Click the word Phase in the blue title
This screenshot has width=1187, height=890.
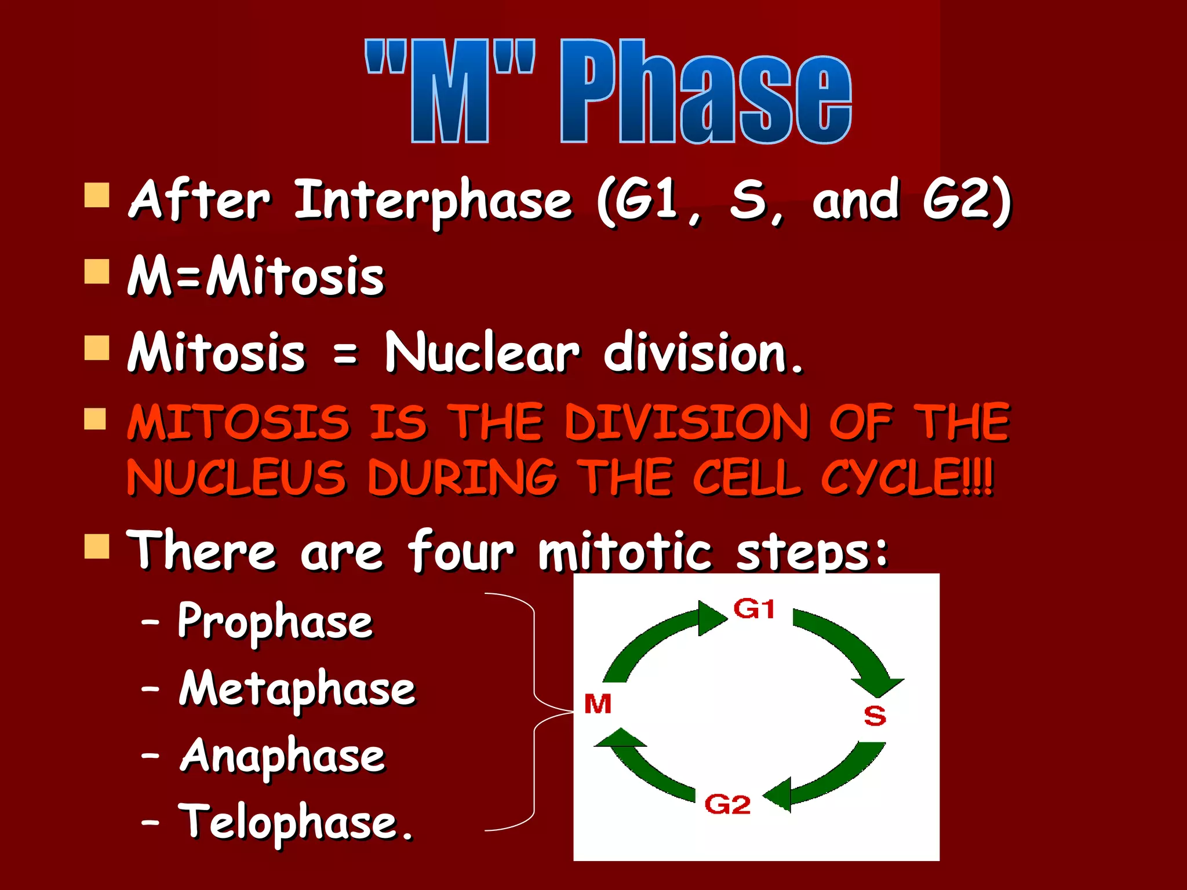pyautogui.click(x=705, y=93)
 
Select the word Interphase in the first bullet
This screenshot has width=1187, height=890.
pyautogui.click(x=434, y=200)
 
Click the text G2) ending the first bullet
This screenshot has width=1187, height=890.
pyautogui.click(x=967, y=200)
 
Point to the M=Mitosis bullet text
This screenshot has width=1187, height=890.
pyautogui.click(x=256, y=276)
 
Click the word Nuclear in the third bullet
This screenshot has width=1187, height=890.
pyautogui.click(x=482, y=352)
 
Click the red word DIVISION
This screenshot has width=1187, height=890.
pyautogui.click(x=687, y=422)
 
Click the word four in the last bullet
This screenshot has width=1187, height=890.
pyautogui.click(x=461, y=551)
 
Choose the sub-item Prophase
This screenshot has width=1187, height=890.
pyautogui.click(x=275, y=622)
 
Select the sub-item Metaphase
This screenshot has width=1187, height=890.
pyautogui.click(x=297, y=689)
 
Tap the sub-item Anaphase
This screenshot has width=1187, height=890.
pyautogui.click(x=282, y=756)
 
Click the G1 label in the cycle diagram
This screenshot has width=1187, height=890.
pyautogui.click(x=753, y=609)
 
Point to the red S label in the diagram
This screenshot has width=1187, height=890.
pyautogui.click(x=875, y=716)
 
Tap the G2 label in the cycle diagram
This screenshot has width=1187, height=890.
pyautogui.click(x=727, y=805)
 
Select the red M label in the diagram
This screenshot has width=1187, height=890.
pyautogui.click(x=598, y=704)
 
